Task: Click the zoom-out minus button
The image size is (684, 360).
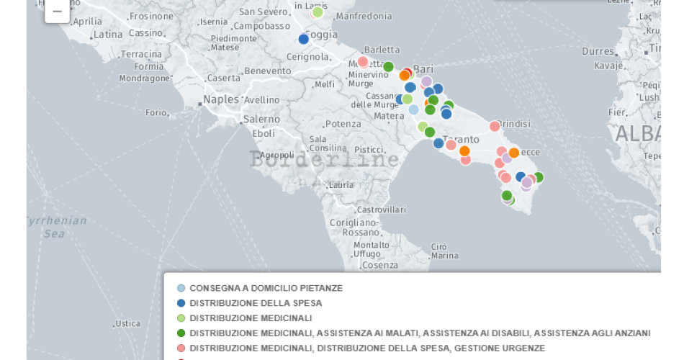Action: click(57, 11)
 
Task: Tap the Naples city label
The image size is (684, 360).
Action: click(220, 99)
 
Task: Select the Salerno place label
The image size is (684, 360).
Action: click(261, 119)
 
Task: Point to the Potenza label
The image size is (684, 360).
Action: click(343, 124)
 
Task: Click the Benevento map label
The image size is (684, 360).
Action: click(267, 71)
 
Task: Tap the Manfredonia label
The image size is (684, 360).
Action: click(364, 16)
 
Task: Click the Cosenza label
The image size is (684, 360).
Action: click(380, 265)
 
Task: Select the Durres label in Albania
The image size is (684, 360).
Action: click(598, 51)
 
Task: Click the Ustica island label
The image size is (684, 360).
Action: click(127, 323)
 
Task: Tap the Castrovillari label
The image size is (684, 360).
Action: click(382, 209)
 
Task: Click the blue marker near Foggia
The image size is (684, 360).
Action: click(304, 39)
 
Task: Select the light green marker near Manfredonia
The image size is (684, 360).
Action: click(318, 12)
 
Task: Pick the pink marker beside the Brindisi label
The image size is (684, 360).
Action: click(495, 126)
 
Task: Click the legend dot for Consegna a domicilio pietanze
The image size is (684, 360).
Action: click(181, 288)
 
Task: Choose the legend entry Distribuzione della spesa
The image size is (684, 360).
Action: click(256, 303)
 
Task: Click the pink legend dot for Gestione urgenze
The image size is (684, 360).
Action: click(181, 348)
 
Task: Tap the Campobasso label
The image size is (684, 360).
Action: click(264, 26)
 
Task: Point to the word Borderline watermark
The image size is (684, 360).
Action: click(324, 159)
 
